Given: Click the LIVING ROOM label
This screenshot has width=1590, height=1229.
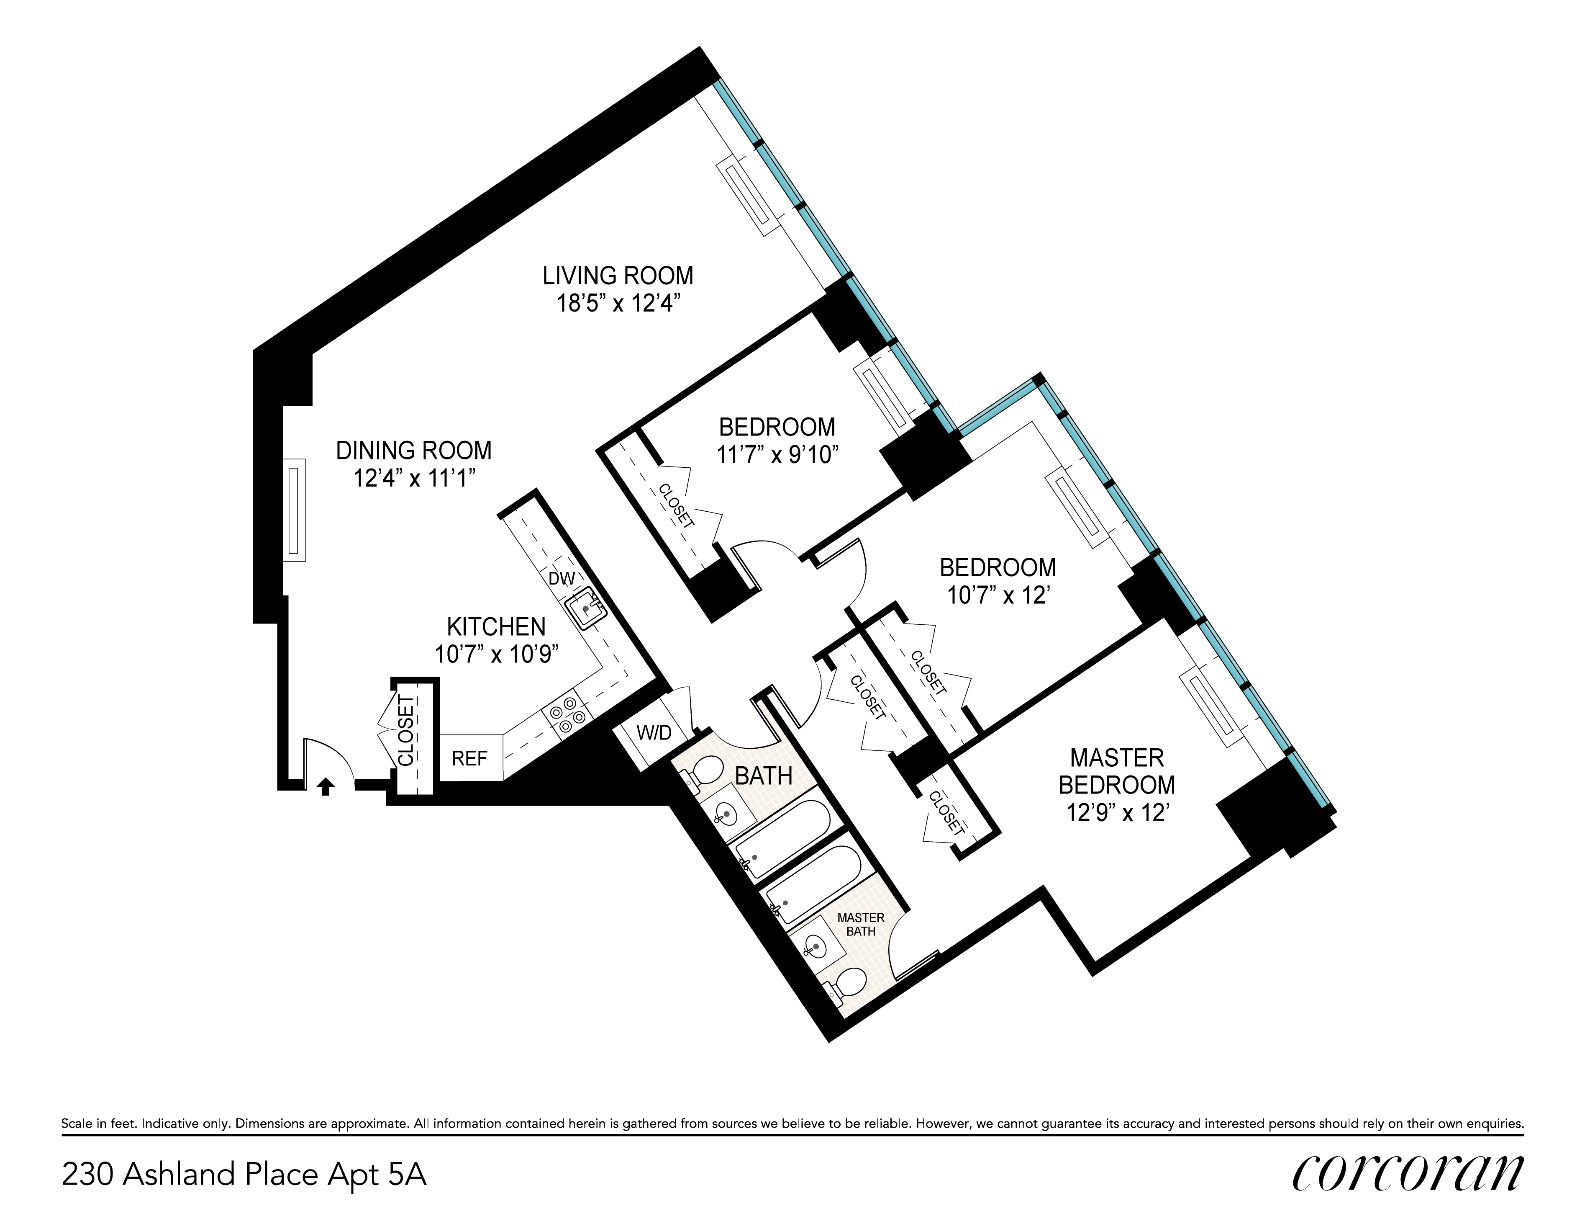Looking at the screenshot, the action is click(618, 276).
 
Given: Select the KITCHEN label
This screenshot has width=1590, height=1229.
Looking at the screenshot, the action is click(496, 626).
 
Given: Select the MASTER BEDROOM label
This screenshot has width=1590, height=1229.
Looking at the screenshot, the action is click(1117, 771).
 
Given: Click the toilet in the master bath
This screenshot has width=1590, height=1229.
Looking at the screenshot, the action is click(844, 984).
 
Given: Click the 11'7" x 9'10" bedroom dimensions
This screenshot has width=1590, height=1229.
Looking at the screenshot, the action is click(777, 455).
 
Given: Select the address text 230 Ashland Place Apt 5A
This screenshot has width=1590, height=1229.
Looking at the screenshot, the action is click(244, 1175).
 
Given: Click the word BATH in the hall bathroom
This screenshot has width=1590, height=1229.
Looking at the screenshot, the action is click(764, 777).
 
